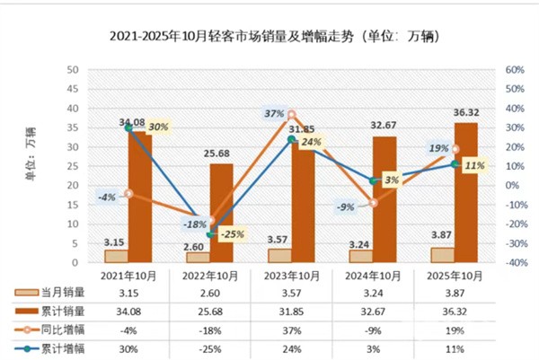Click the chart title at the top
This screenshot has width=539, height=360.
269,37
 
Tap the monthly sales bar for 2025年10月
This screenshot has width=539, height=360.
442,255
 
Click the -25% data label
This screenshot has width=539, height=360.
232,235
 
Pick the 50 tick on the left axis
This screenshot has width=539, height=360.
73,70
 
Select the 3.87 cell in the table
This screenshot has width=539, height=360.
454,292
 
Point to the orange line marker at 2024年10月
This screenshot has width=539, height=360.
373,202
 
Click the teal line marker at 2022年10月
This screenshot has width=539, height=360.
210,233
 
